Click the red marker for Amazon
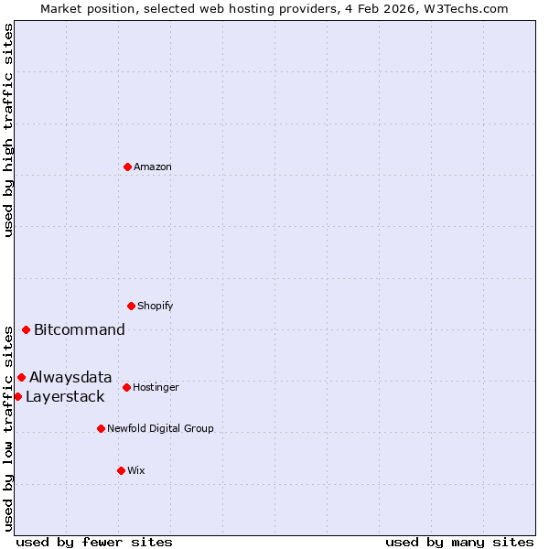128,167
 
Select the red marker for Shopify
131,306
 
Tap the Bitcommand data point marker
26,329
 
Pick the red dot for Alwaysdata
21,377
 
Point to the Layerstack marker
17,396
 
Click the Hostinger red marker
126,387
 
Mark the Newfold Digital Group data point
101,428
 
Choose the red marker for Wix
121,470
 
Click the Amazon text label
153,167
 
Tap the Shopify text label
156,307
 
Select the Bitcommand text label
80,330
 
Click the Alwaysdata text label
70,378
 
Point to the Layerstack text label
65,397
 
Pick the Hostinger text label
156,388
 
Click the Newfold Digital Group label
160,429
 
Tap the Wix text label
136,471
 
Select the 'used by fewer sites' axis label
94,543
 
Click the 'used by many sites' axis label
459,543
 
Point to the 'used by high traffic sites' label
8,130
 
